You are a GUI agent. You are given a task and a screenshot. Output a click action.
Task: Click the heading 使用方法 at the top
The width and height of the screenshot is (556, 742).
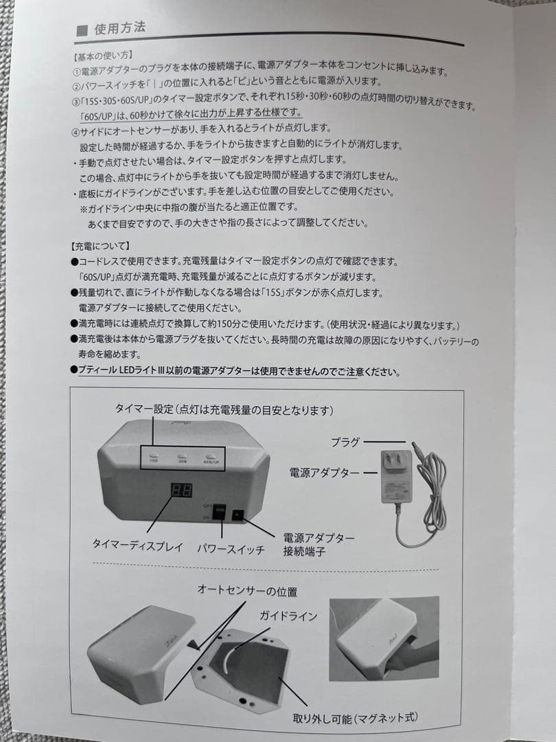coord(120,30)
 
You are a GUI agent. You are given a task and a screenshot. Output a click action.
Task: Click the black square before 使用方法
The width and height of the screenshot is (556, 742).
coord(82,30)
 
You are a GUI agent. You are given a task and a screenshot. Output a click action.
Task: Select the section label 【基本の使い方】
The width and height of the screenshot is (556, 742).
coord(103,54)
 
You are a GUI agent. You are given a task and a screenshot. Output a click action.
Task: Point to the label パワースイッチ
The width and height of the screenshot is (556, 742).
coord(231,550)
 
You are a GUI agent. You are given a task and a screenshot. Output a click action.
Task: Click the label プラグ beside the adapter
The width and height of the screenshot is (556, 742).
coord(345,442)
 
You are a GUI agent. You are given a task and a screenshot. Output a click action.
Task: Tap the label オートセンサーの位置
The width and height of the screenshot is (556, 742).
coord(247,591)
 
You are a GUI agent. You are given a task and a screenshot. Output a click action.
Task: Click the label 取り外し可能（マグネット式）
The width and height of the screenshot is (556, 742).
coord(355,718)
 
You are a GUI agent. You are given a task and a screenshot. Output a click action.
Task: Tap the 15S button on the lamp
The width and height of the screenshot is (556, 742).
coord(154,458)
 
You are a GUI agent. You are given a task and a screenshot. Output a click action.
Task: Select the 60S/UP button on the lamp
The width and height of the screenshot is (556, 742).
coord(212,458)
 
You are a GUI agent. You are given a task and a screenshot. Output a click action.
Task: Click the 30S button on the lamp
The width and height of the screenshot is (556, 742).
coord(183,458)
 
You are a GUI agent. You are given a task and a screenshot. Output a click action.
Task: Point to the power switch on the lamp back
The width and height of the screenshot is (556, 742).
coord(220,512)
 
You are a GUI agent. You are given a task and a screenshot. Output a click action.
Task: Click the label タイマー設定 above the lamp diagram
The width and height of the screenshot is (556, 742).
coord(144,410)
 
